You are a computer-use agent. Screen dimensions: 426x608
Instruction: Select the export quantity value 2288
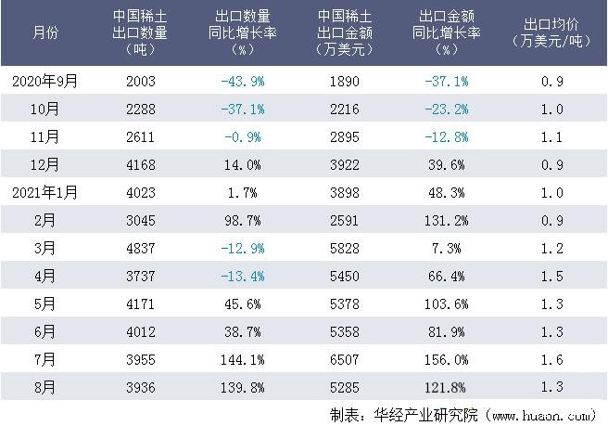tap(141, 109)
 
